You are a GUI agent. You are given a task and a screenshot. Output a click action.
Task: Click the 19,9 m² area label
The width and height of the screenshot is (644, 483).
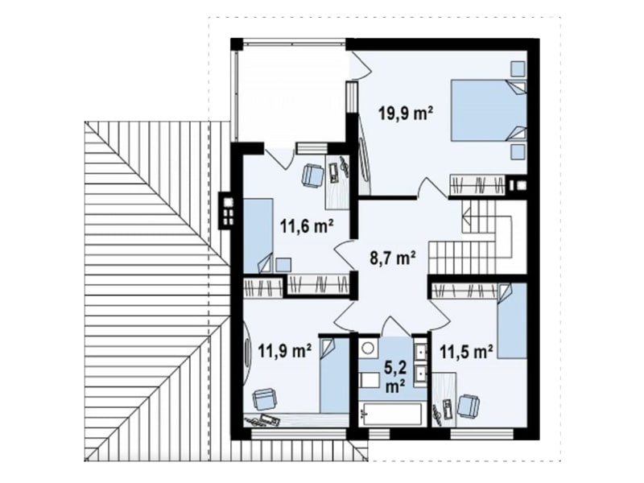pos(406,114)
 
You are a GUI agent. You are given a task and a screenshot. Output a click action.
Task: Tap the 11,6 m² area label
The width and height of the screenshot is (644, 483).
pos(308,226)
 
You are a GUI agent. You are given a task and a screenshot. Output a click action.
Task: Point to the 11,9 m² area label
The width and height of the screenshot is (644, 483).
pos(285,350)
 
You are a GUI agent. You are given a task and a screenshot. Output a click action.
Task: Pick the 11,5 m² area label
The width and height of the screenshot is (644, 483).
pos(467,352)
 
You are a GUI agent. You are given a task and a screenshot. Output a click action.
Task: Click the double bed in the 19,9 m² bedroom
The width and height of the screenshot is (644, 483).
pos(489,111)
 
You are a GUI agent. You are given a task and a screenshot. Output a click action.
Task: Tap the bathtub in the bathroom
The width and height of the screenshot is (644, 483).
pos(390,415)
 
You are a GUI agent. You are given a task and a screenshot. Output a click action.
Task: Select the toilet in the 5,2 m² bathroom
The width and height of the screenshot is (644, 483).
pos(369,380)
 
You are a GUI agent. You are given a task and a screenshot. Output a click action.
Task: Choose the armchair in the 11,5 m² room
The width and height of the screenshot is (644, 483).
pos(469,406)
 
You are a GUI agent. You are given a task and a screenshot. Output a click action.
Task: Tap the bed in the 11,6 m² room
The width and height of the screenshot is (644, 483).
pos(258,236)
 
